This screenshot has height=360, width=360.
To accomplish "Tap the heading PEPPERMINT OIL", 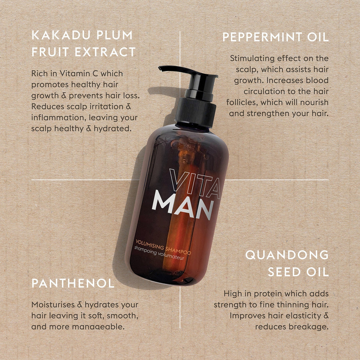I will (x=275, y=37).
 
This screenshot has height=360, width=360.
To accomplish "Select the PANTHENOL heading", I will (x=73, y=283).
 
